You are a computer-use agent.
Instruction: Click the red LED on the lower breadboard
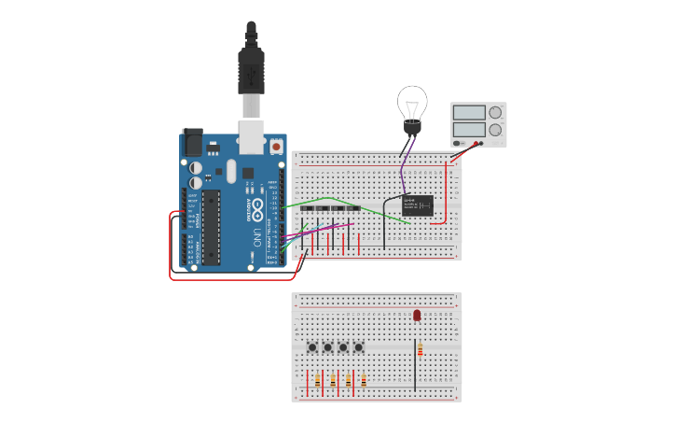(417, 316)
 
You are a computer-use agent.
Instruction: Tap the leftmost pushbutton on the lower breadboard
(313, 347)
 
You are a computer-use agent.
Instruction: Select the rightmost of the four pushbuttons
(358, 347)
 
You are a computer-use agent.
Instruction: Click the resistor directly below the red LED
(420, 350)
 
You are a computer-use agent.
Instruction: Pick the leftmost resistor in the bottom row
(318, 380)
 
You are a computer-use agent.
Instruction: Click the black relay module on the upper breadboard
(417, 205)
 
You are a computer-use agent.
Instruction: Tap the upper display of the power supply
(468, 113)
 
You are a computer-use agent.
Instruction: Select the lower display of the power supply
(468, 130)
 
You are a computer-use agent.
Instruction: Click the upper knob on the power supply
(495, 113)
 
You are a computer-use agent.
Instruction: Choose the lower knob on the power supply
(495, 130)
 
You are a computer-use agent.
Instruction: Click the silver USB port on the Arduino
(251, 136)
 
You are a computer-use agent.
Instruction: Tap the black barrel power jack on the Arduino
(193, 141)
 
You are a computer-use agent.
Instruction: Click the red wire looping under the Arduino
(233, 278)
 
